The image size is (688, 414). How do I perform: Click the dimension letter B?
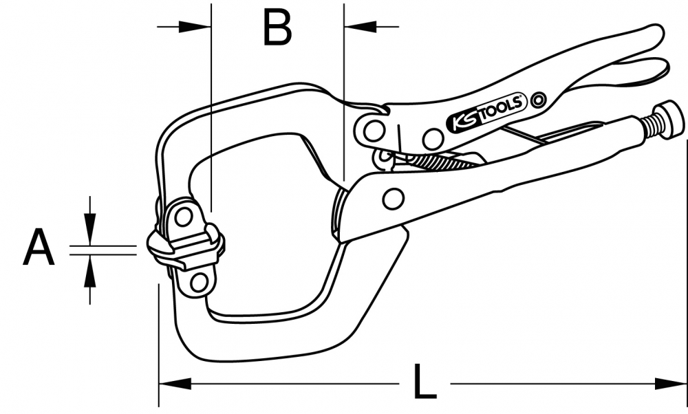tap(277, 28)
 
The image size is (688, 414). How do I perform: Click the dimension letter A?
tap(39, 249)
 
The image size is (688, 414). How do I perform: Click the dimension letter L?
tap(424, 383)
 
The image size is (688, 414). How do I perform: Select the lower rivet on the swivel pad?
tap(199, 282)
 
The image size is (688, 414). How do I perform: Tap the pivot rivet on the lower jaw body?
tap(393, 199)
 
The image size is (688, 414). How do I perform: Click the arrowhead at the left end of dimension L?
tap(172, 383)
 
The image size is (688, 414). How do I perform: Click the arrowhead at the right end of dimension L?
tap(674, 383)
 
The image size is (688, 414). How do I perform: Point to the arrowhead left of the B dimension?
tap(197, 27)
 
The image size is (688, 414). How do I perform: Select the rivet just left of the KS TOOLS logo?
tap(433, 140)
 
